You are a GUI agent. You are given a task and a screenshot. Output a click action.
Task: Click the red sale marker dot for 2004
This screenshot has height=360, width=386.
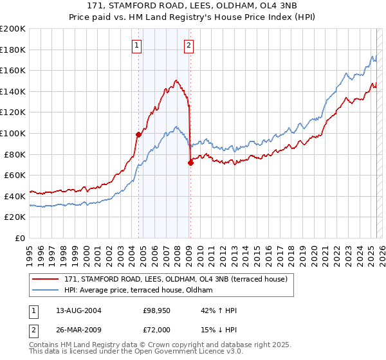click(138, 134)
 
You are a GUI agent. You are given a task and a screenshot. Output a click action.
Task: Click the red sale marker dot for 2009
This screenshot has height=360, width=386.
click(190, 163)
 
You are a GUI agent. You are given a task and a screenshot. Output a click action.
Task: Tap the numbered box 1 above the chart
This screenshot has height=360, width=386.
click(138, 45)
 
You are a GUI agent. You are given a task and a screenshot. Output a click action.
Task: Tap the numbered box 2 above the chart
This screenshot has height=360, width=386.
click(189, 45)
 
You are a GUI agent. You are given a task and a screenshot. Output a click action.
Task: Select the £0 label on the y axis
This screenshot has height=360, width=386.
click(21, 238)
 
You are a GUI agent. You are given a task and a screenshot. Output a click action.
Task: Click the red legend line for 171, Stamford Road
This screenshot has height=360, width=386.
click(46, 278)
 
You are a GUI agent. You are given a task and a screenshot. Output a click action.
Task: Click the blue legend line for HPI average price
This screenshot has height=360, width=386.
click(46, 290)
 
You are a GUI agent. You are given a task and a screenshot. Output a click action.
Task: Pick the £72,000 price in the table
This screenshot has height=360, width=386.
click(157, 330)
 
